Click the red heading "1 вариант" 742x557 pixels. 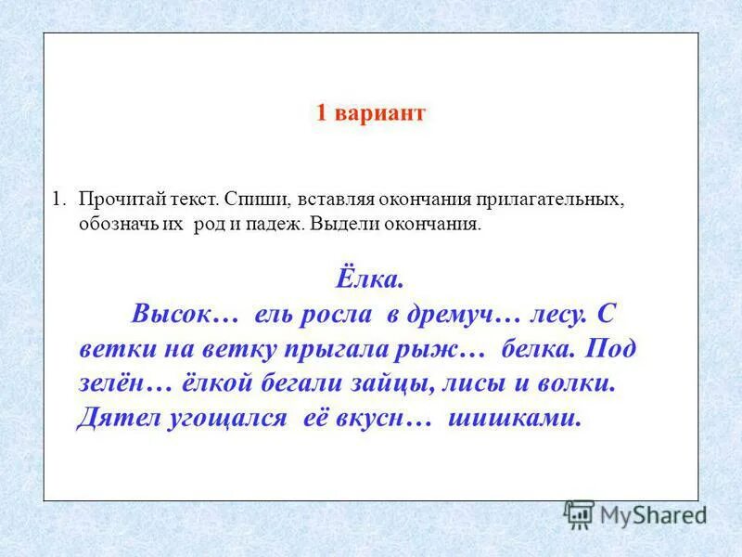point(370,113)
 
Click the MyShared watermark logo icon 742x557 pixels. point(580,513)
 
